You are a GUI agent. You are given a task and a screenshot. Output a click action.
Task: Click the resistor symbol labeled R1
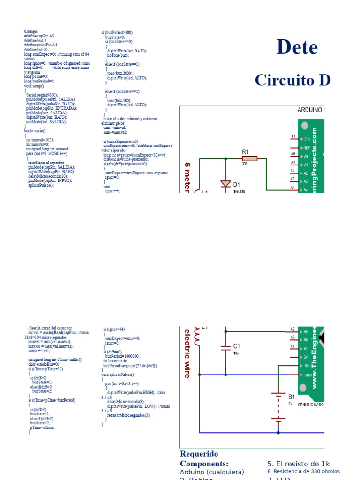tap(249, 158)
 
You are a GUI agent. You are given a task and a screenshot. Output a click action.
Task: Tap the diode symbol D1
tap(225, 184)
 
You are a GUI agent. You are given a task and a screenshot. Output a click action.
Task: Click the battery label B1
tap(292, 396)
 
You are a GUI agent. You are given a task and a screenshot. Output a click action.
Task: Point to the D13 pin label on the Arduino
tap(306, 139)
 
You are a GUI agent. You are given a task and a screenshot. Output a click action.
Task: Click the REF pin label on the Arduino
tap(306, 147)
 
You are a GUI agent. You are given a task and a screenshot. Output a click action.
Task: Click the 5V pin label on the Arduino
tap(306, 357)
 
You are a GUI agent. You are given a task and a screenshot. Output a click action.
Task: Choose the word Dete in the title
tap(297, 47)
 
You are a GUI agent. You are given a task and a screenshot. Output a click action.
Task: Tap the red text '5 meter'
tap(188, 179)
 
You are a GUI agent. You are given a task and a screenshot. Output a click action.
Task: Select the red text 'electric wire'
tap(187, 353)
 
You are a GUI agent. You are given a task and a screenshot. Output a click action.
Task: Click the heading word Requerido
tap(199, 454)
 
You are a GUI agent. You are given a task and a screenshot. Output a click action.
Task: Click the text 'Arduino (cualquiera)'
tap(212, 472)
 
